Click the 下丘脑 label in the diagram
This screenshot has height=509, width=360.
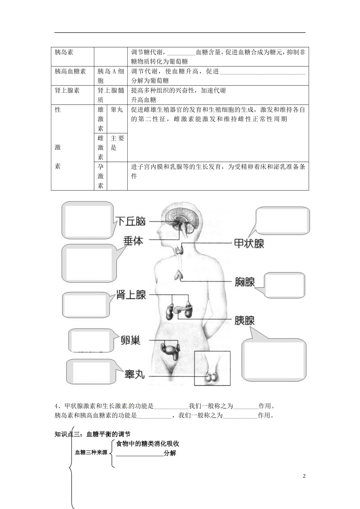[x=130, y=221]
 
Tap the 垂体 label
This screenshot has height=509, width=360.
[x=133, y=240]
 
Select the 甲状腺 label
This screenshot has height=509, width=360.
[x=249, y=243]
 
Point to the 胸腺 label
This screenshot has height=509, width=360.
[x=245, y=282]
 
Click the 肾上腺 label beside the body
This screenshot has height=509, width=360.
[x=131, y=295]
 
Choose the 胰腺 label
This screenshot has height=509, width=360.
[x=244, y=320]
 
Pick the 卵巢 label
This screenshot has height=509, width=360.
[x=130, y=340]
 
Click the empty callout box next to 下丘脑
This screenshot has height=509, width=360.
[x=88, y=221]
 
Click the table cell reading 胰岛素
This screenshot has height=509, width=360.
[x=64, y=52]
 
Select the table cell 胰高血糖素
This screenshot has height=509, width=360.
[x=70, y=71]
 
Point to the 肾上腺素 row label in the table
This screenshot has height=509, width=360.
[x=67, y=91]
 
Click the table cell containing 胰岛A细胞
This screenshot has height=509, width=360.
[x=110, y=76]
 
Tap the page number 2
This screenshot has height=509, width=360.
[x=304, y=476]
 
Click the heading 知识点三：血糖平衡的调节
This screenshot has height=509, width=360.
[x=92, y=434]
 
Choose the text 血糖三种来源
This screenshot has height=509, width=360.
[x=91, y=452]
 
